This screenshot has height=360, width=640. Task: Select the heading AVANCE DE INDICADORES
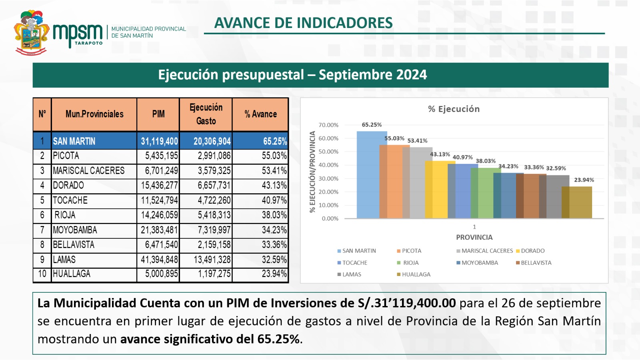pyautogui.click(x=303, y=23)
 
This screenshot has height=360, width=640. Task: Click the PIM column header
pyautogui.click(x=158, y=114)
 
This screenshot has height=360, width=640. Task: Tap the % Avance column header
pyautogui.click(x=260, y=114)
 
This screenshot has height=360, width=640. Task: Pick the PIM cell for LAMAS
pyautogui.click(x=159, y=260)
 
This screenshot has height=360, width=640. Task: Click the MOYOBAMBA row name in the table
pyautogui.click(x=75, y=230)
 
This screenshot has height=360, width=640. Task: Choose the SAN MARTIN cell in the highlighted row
pyautogui.click(x=74, y=141)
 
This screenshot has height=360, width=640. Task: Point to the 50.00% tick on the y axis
pyautogui.click(x=328, y=152)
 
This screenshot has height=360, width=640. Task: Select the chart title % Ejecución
pyautogui.click(x=454, y=109)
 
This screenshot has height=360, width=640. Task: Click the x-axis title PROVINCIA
pyautogui.click(x=474, y=237)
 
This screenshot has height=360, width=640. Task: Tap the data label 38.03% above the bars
pyautogui.click(x=485, y=161)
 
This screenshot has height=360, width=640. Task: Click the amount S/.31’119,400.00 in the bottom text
pyautogui.click(x=407, y=303)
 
